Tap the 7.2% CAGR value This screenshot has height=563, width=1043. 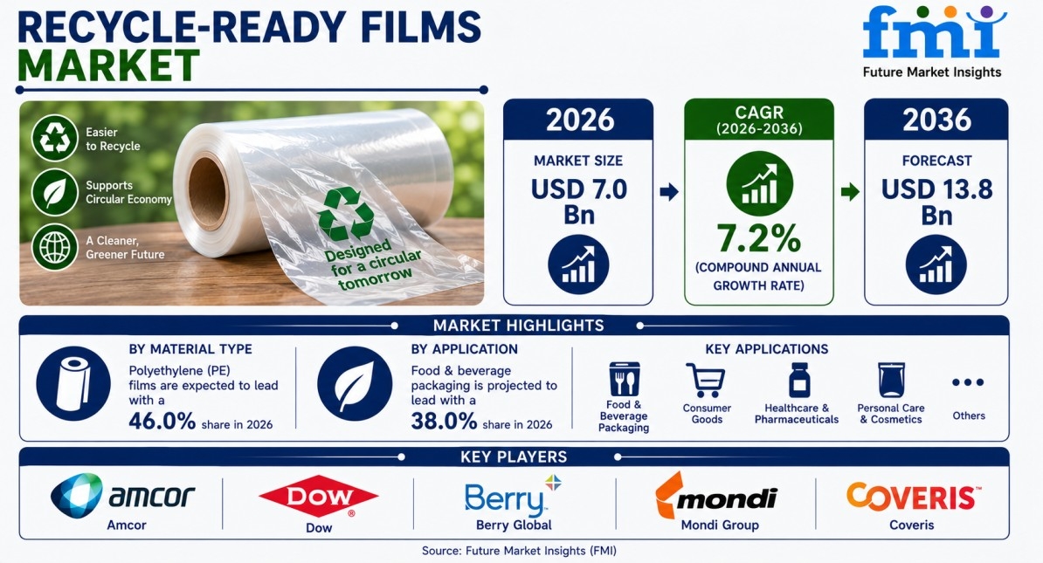point(758,238)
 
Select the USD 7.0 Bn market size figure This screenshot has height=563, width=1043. point(578,202)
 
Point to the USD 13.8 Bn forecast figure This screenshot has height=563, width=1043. point(936,202)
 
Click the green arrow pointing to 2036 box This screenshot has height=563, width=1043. point(850,192)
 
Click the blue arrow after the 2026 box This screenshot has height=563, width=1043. point(668,192)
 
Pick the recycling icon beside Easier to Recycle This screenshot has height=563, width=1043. point(54,138)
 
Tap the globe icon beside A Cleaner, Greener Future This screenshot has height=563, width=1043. point(54,247)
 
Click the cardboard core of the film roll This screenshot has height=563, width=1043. point(208,192)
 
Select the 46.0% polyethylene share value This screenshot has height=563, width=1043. point(162,421)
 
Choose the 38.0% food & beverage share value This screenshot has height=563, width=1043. point(444,421)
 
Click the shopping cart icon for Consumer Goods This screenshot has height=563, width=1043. point(705,381)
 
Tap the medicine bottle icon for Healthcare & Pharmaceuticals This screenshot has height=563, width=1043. point(799,381)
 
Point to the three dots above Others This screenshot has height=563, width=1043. point(967,382)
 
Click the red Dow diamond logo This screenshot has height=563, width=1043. point(319,498)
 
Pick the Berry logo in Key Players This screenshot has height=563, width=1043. point(512,498)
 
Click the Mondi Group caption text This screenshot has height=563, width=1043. point(720,525)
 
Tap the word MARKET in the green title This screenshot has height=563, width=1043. point(108,65)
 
